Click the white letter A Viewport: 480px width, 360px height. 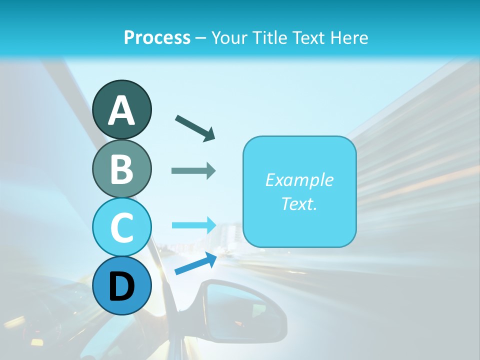pyautogui.click(x=122, y=110)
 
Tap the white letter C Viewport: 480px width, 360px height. pyautogui.click(x=122, y=227)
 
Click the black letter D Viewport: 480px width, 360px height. pyautogui.click(x=122, y=286)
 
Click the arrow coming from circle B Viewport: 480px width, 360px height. pyautogui.click(x=193, y=171)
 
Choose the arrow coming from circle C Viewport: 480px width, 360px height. pyautogui.click(x=193, y=224)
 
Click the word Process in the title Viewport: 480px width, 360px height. pyautogui.click(x=157, y=38)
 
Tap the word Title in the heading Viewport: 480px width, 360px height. pyautogui.click(x=269, y=38)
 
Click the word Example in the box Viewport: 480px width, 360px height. pyautogui.click(x=299, y=180)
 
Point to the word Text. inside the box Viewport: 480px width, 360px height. pyautogui.click(x=299, y=204)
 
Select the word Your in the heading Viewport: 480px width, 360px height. pyautogui.click(x=229, y=38)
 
